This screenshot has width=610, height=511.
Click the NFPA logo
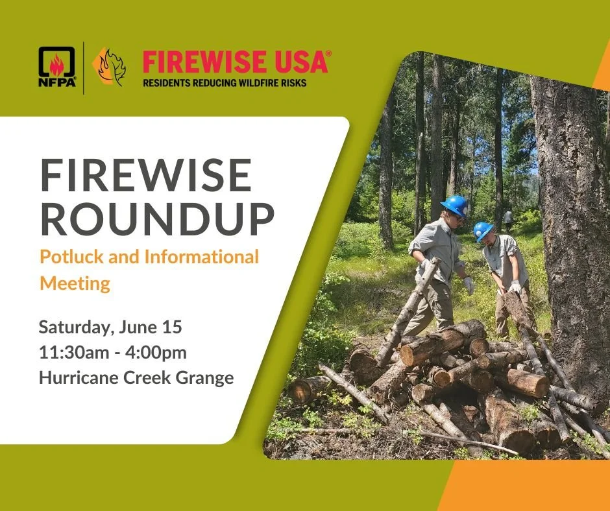[57, 66]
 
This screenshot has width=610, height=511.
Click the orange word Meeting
[75, 283]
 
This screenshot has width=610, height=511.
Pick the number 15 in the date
[172, 326]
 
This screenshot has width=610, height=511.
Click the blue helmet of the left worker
[455, 205]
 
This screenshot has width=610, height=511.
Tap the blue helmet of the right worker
[483, 230]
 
